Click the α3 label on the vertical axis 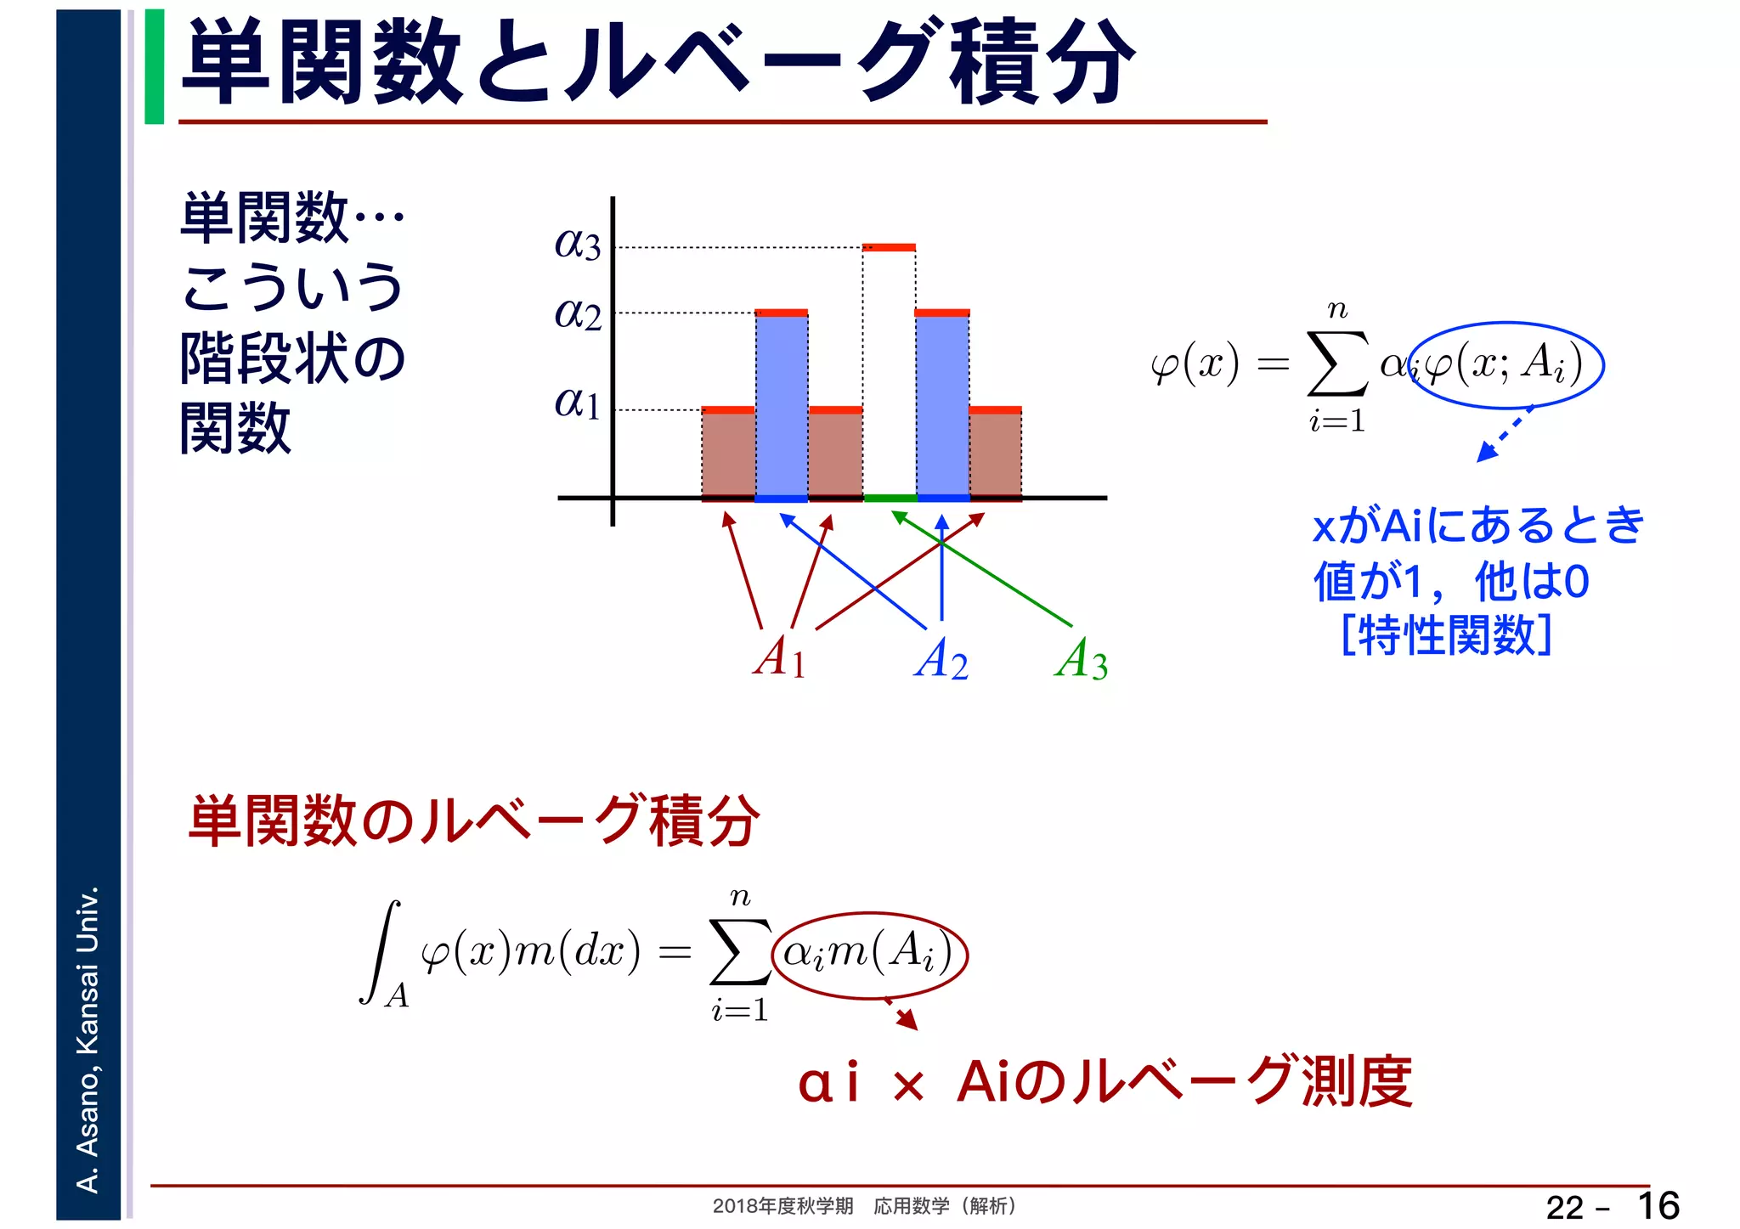click(x=578, y=244)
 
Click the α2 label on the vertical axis click(x=578, y=314)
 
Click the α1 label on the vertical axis click(x=578, y=403)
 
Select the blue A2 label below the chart click(x=941, y=659)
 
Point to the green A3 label click(x=1081, y=659)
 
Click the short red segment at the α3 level click(x=889, y=248)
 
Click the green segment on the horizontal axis click(x=890, y=498)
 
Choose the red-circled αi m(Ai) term click(x=869, y=953)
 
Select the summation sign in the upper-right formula click(x=1337, y=364)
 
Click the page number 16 click(x=1658, y=1205)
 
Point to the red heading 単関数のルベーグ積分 click(x=473, y=820)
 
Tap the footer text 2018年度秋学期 click(x=782, y=1206)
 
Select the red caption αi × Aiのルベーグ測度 click(x=1104, y=1083)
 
